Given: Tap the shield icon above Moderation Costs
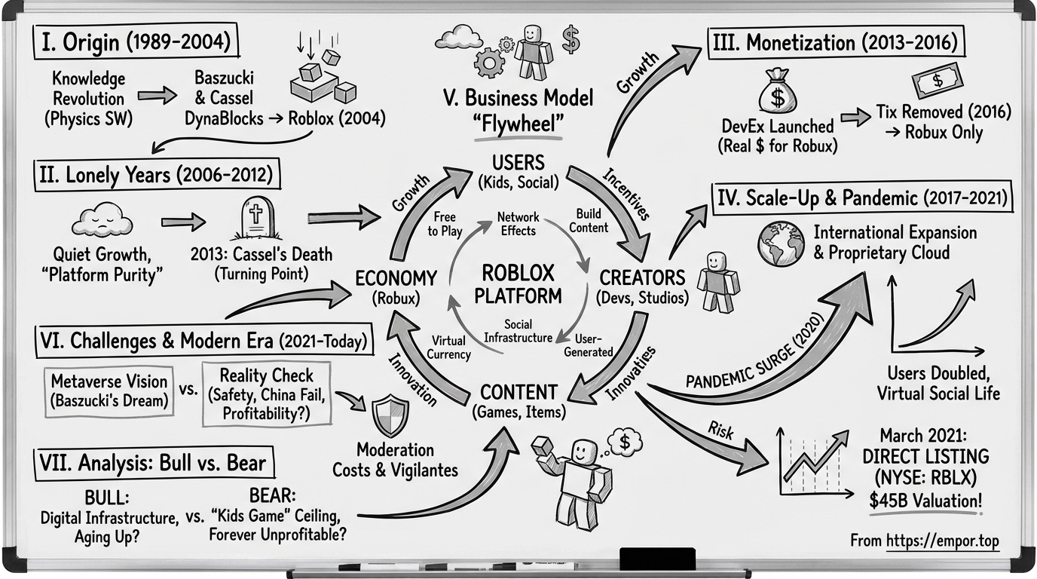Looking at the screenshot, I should [x=391, y=415].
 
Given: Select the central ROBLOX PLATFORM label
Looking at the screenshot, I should [x=518, y=283].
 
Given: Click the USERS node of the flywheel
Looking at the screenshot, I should [x=518, y=170].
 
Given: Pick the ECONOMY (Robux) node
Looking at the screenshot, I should [x=396, y=287].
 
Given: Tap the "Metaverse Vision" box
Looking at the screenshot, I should [x=109, y=390].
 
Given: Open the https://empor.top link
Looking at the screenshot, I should [x=942, y=541].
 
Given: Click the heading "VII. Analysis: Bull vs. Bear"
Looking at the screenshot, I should [x=151, y=461].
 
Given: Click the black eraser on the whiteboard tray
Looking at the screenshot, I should [x=656, y=559].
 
